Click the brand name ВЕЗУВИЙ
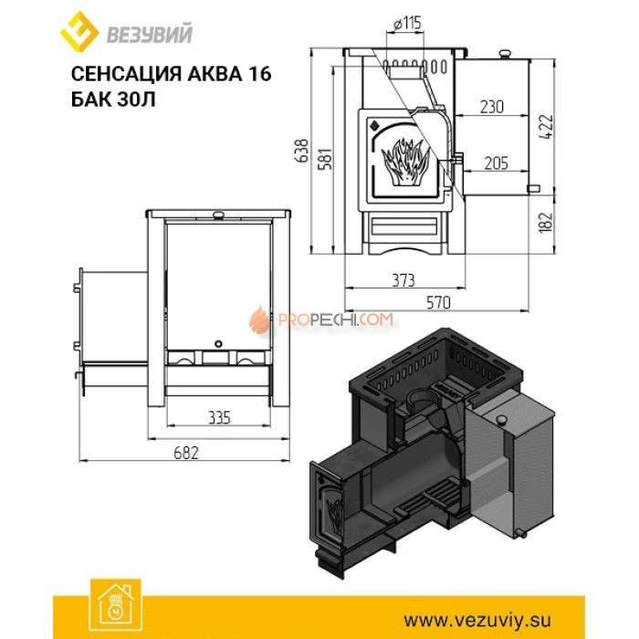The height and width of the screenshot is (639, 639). (139, 34)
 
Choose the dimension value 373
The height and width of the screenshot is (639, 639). (398, 279)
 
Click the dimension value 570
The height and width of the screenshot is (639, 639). (436, 301)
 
